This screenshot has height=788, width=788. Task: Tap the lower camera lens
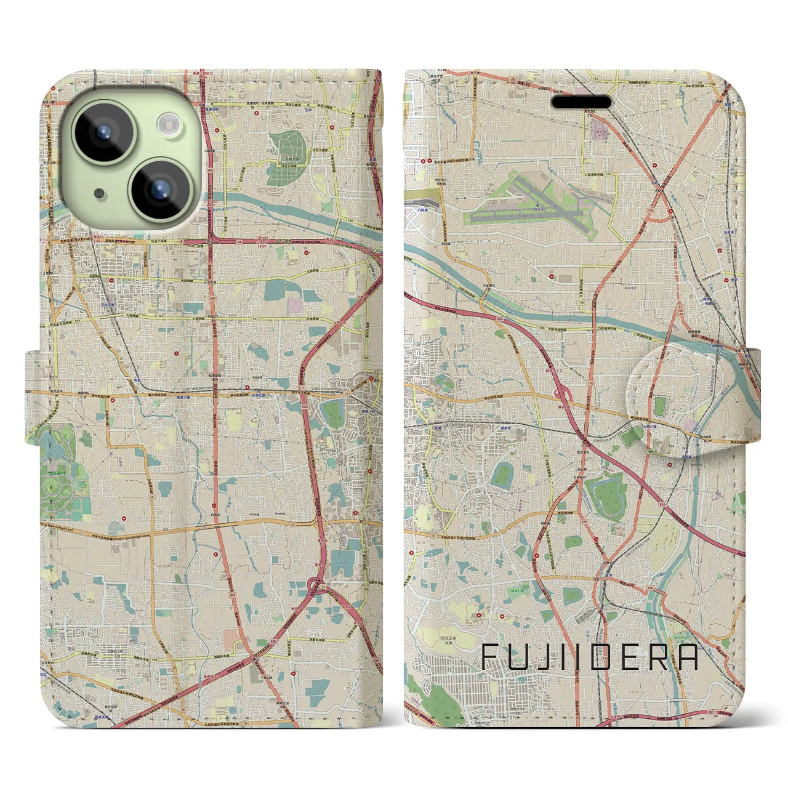coord(159,187)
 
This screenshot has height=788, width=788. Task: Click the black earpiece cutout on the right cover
coord(581,101)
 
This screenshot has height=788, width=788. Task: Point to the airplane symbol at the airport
coord(539,201)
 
